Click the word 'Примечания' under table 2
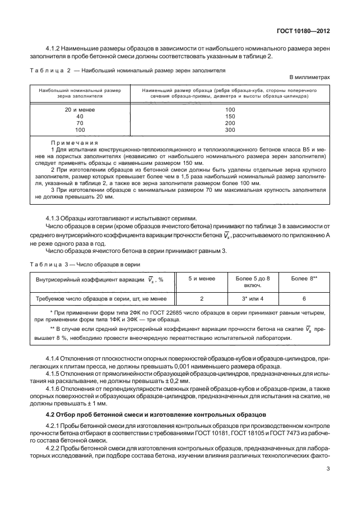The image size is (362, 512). (x=75, y=143)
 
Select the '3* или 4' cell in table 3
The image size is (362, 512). (x=252, y=299)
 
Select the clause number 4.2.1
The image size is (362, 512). (x=54, y=427)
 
